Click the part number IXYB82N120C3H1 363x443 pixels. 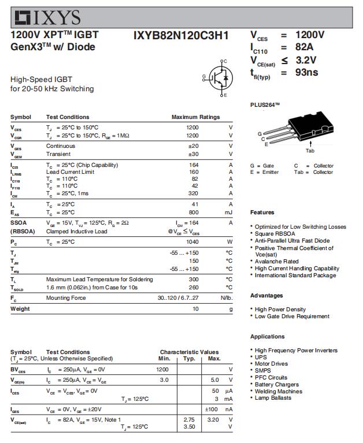pyautogui.click(x=180, y=36)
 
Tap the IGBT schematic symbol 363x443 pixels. pyautogui.click(x=218, y=77)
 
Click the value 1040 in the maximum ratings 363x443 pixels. pyautogui.click(x=192, y=241)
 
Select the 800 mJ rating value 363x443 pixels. pyautogui.click(x=193, y=213)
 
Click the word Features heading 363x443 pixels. pyautogui.click(x=262, y=213)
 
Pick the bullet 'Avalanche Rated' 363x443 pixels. pyautogui.click(x=276, y=261)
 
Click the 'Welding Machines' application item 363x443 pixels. pyautogui.click(x=278, y=391)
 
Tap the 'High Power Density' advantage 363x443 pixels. pyautogui.click(x=280, y=310)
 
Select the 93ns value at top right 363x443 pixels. pyautogui.click(x=306, y=73)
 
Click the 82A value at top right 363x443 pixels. pyautogui.click(x=304, y=47)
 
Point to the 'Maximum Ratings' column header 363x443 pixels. pyautogui.click(x=195, y=117)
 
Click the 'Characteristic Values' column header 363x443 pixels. pyautogui.click(x=189, y=352)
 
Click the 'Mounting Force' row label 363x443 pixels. pyautogui.click(x=66, y=298)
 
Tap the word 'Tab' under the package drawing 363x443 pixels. pyautogui.click(x=310, y=151)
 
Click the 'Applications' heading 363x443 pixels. pyautogui.click(x=267, y=337)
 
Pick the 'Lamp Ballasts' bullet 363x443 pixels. pyautogui.click(x=273, y=398)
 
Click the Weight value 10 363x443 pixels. pyautogui.click(x=195, y=309)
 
